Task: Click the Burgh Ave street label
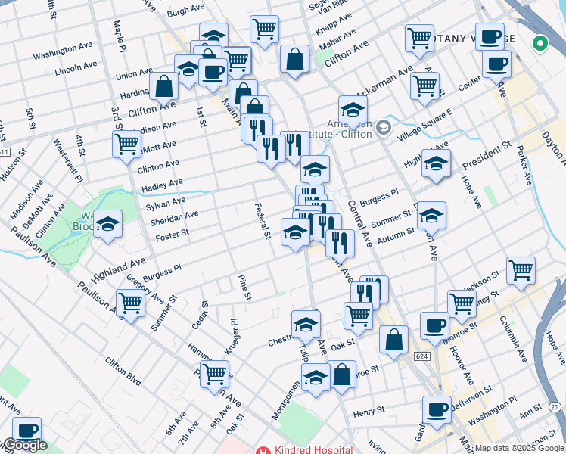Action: click(187, 13)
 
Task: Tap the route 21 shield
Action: click(555, 407)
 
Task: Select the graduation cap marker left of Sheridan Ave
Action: click(108, 223)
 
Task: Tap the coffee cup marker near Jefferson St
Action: click(435, 410)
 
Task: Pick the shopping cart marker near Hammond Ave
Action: click(215, 373)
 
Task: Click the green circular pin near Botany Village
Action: click(540, 43)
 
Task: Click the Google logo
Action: click(24, 445)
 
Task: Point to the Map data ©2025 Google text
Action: click(519, 448)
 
